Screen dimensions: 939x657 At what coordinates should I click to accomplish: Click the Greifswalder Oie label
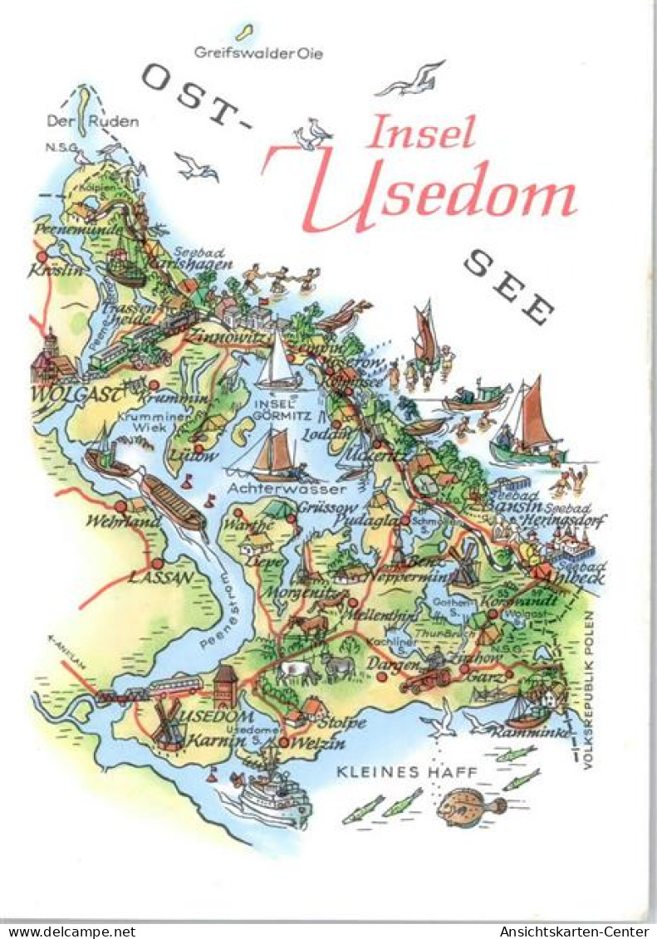click(x=257, y=53)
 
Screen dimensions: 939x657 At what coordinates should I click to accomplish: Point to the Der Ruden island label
click(x=92, y=121)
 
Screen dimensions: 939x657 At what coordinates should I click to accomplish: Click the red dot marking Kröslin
click(x=42, y=257)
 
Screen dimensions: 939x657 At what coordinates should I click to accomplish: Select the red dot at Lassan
click(x=155, y=564)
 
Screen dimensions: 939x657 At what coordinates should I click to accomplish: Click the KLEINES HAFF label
click(x=407, y=772)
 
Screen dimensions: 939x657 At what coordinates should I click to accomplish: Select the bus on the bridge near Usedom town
click(x=175, y=686)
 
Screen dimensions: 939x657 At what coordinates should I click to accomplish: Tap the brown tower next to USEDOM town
click(x=225, y=686)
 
